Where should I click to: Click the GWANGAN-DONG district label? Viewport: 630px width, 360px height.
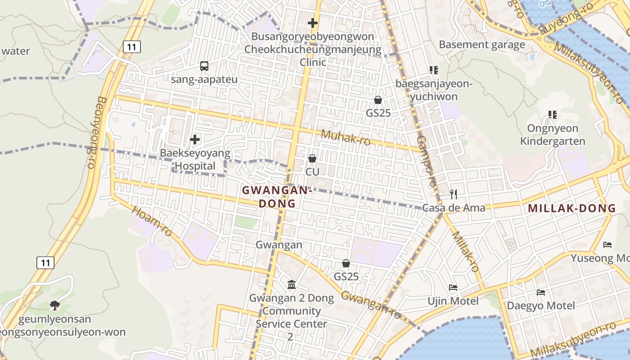[277, 197]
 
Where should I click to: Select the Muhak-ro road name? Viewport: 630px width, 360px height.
[346, 138]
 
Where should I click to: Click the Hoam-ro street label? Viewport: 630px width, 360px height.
[152, 221]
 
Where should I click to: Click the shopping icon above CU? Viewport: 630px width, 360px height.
[312, 158]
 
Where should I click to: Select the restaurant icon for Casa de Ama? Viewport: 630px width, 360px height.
[454, 194]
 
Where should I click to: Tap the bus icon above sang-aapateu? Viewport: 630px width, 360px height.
[204, 66]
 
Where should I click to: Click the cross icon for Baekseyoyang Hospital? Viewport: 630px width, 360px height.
[195, 139]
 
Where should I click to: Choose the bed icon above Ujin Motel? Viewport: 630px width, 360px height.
[453, 288]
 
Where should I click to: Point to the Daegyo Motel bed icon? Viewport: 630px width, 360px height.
[541, 292]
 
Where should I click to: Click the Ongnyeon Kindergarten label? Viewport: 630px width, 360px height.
[553, 135]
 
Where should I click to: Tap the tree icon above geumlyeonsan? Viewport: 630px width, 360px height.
[55, 306]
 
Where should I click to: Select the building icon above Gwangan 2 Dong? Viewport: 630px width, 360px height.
[292, 284]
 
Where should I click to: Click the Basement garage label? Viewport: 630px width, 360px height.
[482, 45]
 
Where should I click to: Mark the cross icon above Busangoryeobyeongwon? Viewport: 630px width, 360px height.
[313, 23]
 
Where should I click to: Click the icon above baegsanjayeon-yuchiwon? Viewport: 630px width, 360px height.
[433, 70]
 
